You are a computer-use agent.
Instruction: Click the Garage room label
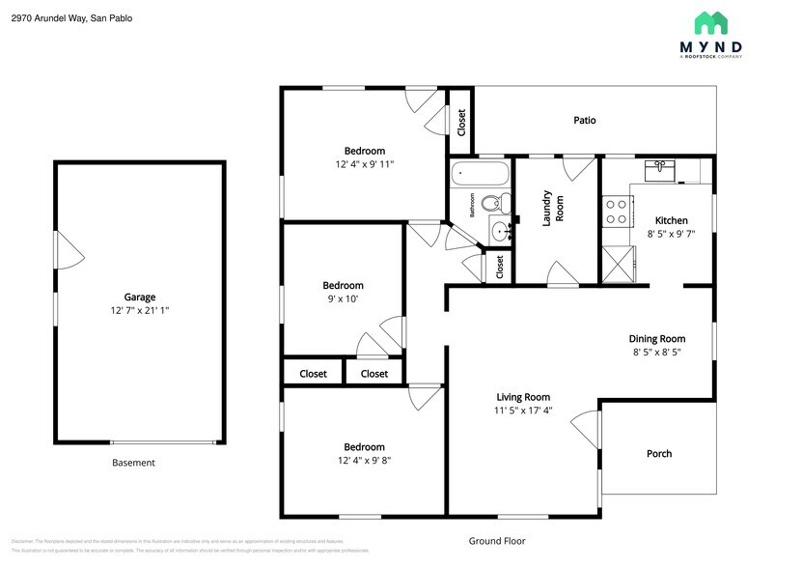click(x=139, y=298)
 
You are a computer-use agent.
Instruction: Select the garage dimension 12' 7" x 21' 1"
click(x=139, y=311)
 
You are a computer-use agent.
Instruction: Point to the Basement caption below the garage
click(x=133, y=463)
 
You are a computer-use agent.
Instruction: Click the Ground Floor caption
click(x=496, y=541)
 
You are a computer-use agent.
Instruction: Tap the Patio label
click(x=584, y=121)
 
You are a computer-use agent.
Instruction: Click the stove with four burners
click(x=615, y=212)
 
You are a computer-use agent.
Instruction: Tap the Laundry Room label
click(x=553, y=208)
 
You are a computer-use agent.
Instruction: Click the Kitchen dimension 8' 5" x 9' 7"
click(x=670, y=234)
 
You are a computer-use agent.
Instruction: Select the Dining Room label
click(x=656, y=339)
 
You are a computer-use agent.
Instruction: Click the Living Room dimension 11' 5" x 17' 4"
click(x=523, y=410)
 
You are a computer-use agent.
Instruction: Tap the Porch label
click(x=658, y=454)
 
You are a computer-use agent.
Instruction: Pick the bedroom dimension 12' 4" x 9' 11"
click(x=364, y=164)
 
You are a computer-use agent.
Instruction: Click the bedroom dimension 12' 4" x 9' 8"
click(x=364, y=461)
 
